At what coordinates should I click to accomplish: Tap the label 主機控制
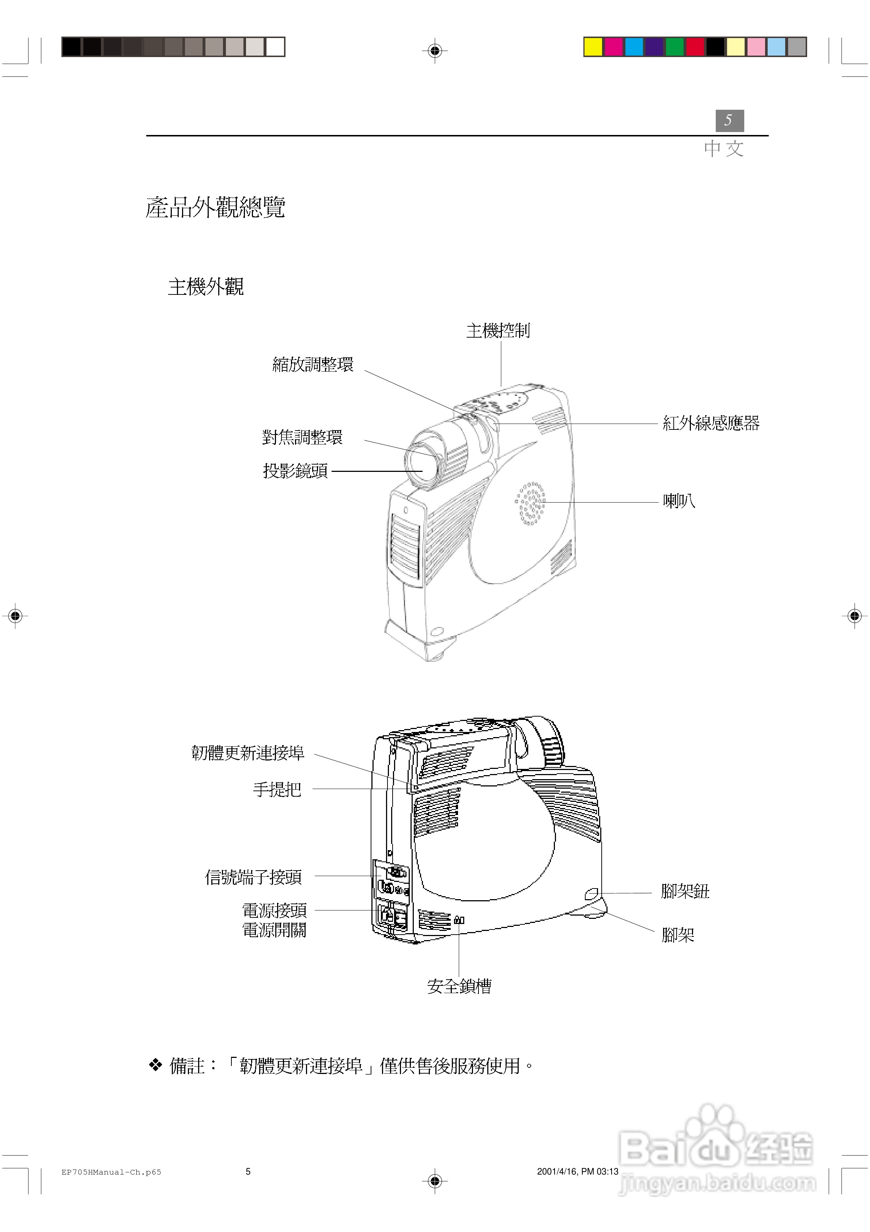[x=498, y=331]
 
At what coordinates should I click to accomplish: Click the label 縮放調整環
[x=313, y=365]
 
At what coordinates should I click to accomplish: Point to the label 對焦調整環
[x=302, y=437]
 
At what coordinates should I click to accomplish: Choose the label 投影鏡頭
[x=295, y=471]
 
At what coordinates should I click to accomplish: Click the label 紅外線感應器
[x=711, y=423]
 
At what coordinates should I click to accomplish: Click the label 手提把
[x=277, y=789]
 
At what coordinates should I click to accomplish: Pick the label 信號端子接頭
[x=253, y=877]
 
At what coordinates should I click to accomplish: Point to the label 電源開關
[x=274, y=930]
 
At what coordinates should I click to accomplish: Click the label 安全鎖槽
[x=459, y=986]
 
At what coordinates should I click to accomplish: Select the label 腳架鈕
[x=685, y=891]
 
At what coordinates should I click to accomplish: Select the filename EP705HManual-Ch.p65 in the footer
[x=111, y=1172]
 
